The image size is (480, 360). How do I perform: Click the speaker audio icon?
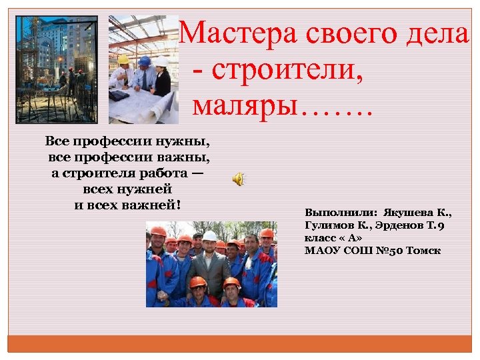click(x=238, y=179)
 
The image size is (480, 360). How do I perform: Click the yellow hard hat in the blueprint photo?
click(x=123, y=60)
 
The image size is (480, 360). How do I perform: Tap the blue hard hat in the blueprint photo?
click(x=144, y=61)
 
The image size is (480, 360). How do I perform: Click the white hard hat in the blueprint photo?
click(x=161, y=61)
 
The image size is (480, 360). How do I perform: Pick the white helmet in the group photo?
click(x=209, y=236)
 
